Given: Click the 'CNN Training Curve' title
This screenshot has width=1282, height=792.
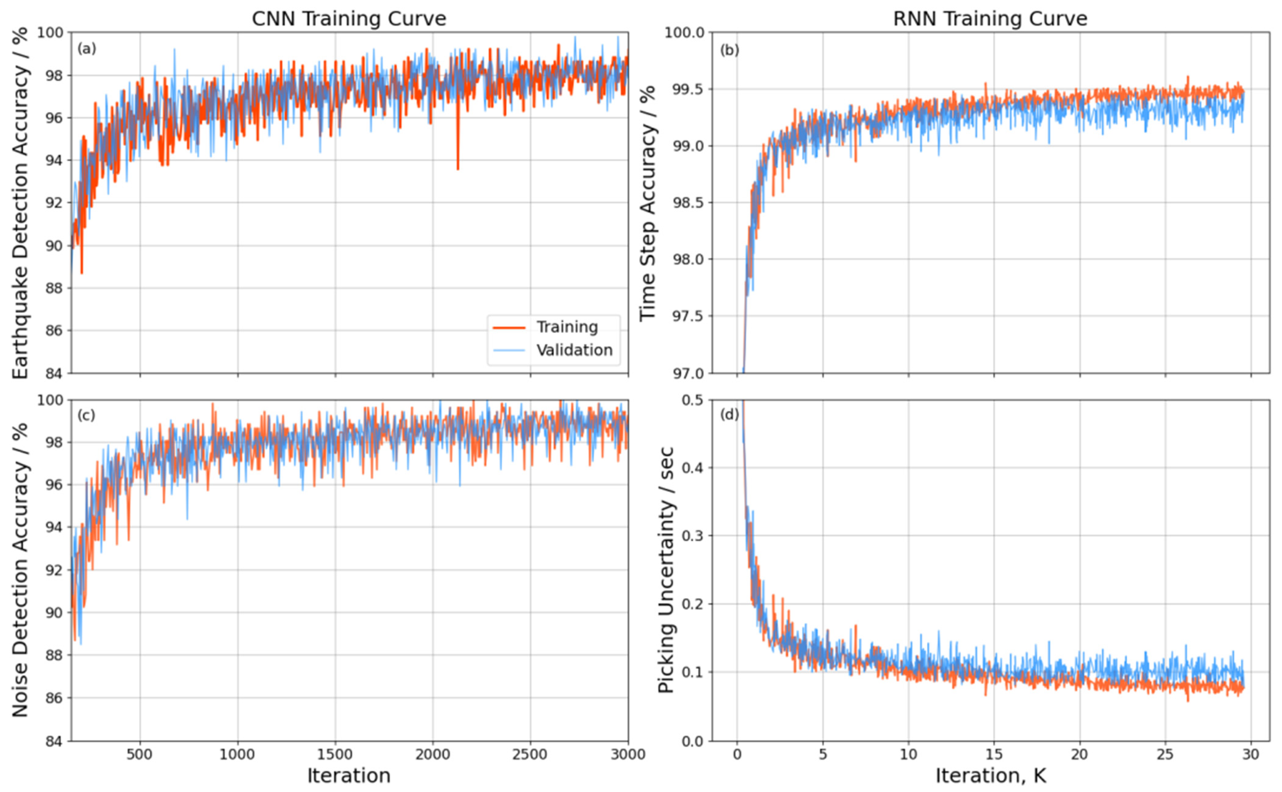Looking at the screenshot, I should (x=349, y=19).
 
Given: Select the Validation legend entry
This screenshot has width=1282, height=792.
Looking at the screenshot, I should (x=574, y=350).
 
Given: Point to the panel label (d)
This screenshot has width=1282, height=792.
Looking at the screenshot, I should (x=729, y=415).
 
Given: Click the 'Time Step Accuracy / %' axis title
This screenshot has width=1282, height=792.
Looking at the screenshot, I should (x=648, y=203).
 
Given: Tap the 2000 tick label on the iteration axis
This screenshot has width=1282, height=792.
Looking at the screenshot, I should (x=433, y=755).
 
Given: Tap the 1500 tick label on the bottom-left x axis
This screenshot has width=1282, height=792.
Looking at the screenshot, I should (x=335, y=755).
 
